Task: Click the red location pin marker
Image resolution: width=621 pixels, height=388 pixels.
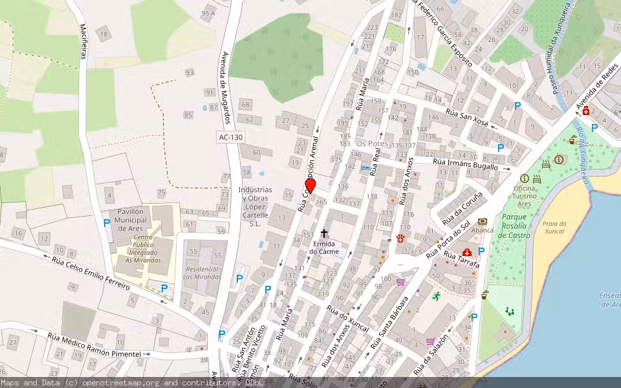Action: click(310, 186)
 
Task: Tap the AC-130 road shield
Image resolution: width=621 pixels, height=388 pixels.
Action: click(230, 137)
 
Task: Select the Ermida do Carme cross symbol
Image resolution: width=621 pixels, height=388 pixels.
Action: click(324, 233)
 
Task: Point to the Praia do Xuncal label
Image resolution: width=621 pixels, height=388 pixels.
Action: click(555, 228)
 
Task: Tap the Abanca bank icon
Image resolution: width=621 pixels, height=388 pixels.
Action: click(483, 221)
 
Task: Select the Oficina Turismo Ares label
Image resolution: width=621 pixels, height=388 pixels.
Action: click(525, 191)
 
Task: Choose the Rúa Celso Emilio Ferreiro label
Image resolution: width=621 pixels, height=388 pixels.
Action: click(91, 272)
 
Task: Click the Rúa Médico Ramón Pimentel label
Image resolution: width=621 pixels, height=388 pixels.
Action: click(94, 345)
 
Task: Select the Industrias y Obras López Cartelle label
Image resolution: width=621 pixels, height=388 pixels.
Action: click(255, 206)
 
